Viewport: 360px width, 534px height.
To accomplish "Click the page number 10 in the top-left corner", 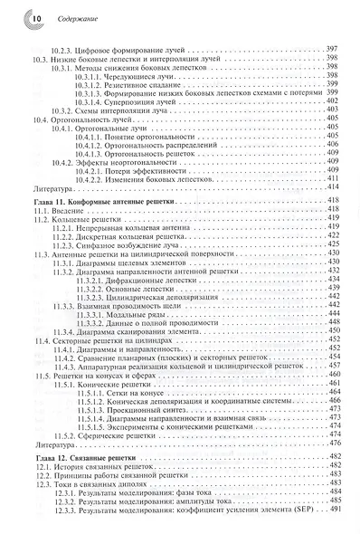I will (24, 17).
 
